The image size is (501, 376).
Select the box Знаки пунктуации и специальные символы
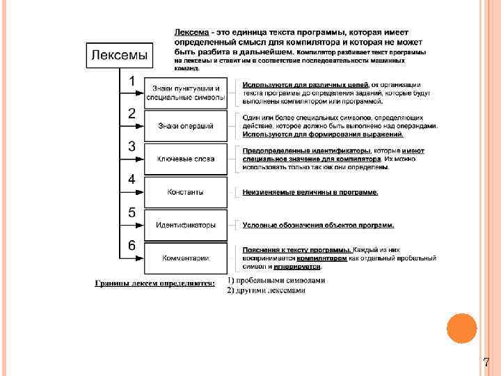(x=186, y=93)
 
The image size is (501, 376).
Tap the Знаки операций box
(x=186, y=126)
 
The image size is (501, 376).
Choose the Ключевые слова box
(x=186, y=159)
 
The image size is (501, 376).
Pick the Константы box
(x=186, y=191)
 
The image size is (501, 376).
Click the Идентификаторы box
(x=186, y=225)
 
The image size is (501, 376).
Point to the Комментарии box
(x=186, y=258)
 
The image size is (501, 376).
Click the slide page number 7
(x=486, y=362)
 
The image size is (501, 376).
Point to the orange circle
(x=461, y=328)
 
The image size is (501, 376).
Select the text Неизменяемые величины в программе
(x=310, y=192)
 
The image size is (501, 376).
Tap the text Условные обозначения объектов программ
(x=318, y=225)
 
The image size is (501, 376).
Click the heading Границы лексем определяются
(x=154, y=283)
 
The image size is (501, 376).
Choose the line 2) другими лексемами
(x=266, y=290)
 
